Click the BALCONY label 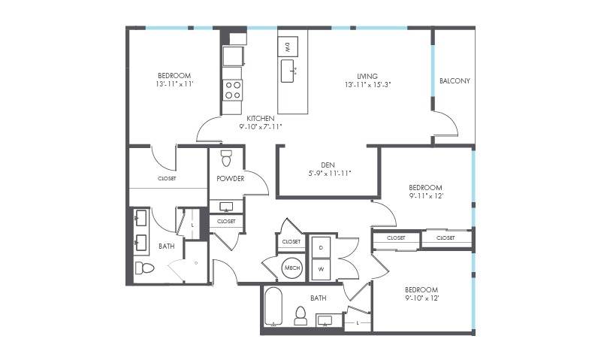point(455,81)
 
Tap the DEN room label point(328,165)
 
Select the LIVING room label point(367,77)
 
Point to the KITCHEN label point(260,119)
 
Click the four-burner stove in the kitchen point(233,90)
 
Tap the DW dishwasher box point(288,47)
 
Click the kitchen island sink point(288,71)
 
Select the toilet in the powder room point(227,158)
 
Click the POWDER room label point(231,179)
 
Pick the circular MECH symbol point(292,268)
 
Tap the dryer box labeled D point(322,248)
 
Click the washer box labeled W point(322,269)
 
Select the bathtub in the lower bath point(273,307)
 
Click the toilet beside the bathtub point(301,316)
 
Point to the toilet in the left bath point(144,268)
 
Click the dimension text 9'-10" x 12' point(421,298)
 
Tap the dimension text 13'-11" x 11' point(174,84)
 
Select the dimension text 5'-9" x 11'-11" point(330,174)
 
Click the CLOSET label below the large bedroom point(167,179)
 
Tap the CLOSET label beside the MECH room point(291,241)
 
